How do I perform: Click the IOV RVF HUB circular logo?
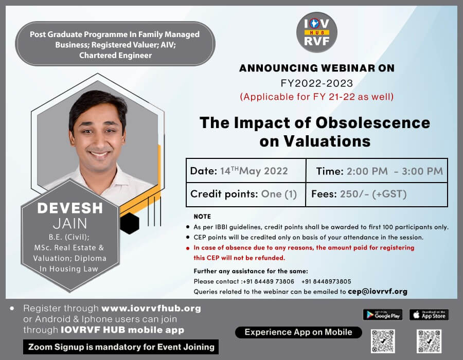click(316, 32)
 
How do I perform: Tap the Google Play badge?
click(382, 315)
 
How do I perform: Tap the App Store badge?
click(429, 315)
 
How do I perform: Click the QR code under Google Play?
click(383, 341)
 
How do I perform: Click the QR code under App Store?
click(429, 341)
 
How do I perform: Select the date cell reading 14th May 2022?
click(246, 171)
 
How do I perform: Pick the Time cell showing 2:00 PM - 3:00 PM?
click(377, 171)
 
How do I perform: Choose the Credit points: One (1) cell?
click(246, 194)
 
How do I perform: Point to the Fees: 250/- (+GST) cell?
click(377, 194)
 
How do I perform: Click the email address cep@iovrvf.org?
click(378, 292)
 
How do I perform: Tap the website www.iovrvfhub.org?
click(151, 309)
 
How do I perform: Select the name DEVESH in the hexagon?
click(70, 208)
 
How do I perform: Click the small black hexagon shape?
click(129, 223)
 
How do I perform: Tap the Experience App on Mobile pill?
click(298, 332)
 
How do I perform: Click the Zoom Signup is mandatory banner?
click(121, 347)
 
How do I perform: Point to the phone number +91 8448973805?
click(326, 281)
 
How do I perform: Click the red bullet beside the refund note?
click(188, 248)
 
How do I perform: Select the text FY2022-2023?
click(317, 83)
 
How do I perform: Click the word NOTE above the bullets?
click(202, 217)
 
